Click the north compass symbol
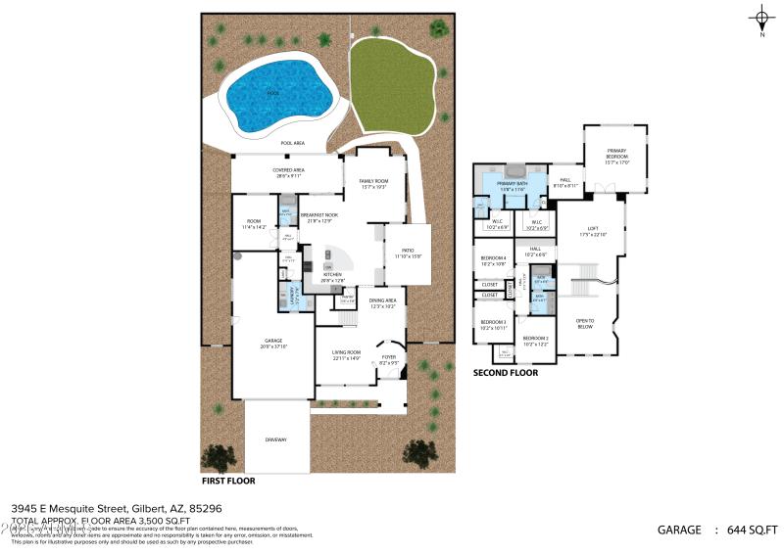[761, 21]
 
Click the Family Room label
[373, 183]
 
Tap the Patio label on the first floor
[409, 254]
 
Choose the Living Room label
[346, 356]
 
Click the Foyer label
[388, 359]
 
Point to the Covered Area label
[288, 172]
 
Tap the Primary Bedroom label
[616, 155]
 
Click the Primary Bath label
[513, 186]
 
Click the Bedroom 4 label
[493, 261]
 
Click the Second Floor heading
[506, 373]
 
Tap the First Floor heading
[228, 481]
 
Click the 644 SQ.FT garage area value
[750, 530]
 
